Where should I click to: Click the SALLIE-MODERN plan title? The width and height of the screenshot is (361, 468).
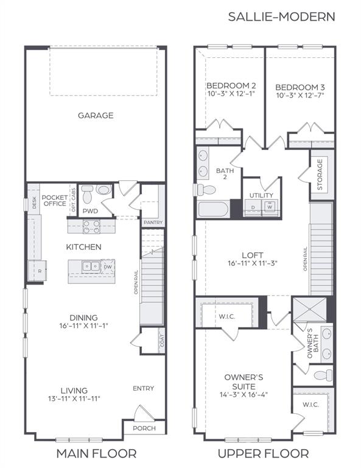(x=281, y=16)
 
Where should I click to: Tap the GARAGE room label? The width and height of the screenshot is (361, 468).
(x=96, y=115)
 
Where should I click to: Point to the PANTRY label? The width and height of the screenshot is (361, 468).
(x=152, y=223)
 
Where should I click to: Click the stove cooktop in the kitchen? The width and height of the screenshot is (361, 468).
(x=91, y=226)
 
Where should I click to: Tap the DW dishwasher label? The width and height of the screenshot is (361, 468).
(x=108, y=266)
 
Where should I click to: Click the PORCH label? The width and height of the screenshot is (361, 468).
(x=144, y=428)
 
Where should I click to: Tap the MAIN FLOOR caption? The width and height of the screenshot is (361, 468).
(x=96, y=453)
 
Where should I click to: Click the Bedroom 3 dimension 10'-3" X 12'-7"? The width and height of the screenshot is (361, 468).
(x=300, y=96)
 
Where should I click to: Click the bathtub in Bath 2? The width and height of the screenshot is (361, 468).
(x=214, y=210)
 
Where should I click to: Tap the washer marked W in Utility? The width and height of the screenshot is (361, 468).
(x=268, y=207)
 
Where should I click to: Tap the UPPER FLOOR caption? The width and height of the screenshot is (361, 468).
(x=264, y=453)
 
